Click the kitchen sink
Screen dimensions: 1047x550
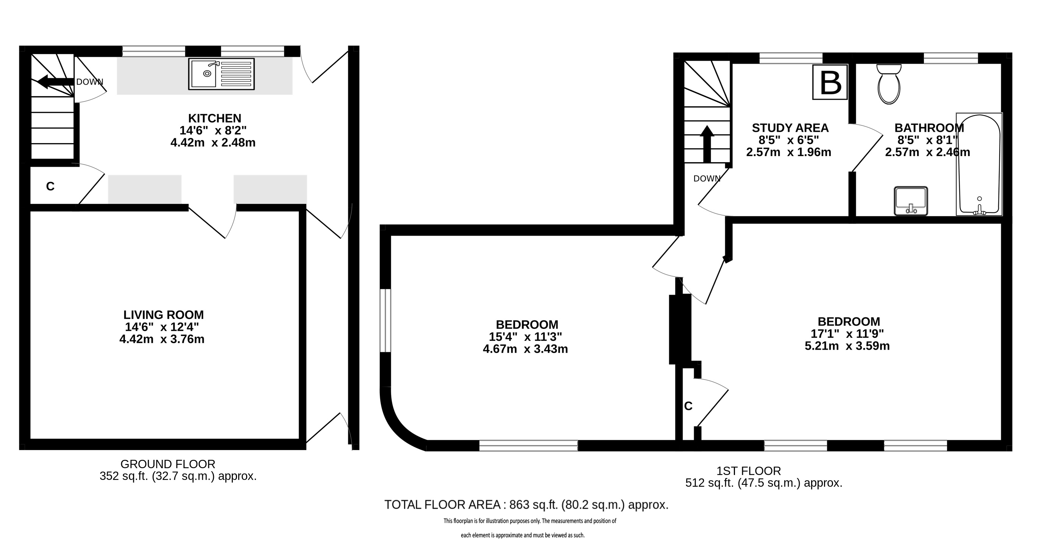point(222,74)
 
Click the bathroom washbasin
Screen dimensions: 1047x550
point(911,200)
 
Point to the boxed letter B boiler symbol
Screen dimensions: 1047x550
point(830,82)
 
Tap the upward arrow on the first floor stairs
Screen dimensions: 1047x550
point(707,144)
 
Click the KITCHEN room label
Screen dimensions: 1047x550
point(215,118)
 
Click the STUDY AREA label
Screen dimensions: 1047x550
point(790,128)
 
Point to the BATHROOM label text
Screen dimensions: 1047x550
point(929,128)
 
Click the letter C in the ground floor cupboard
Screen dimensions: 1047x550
point(50,187)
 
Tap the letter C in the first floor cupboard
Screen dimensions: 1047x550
point(688,406)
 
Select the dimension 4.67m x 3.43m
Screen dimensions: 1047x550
point(525,349)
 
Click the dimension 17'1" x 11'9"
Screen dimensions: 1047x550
point(847,334)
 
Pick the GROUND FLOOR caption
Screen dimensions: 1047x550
point(168,464)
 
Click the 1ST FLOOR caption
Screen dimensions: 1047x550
point(749,471)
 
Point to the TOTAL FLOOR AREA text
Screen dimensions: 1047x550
point(443,505)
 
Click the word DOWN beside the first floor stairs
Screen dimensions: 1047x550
point(707,178)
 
